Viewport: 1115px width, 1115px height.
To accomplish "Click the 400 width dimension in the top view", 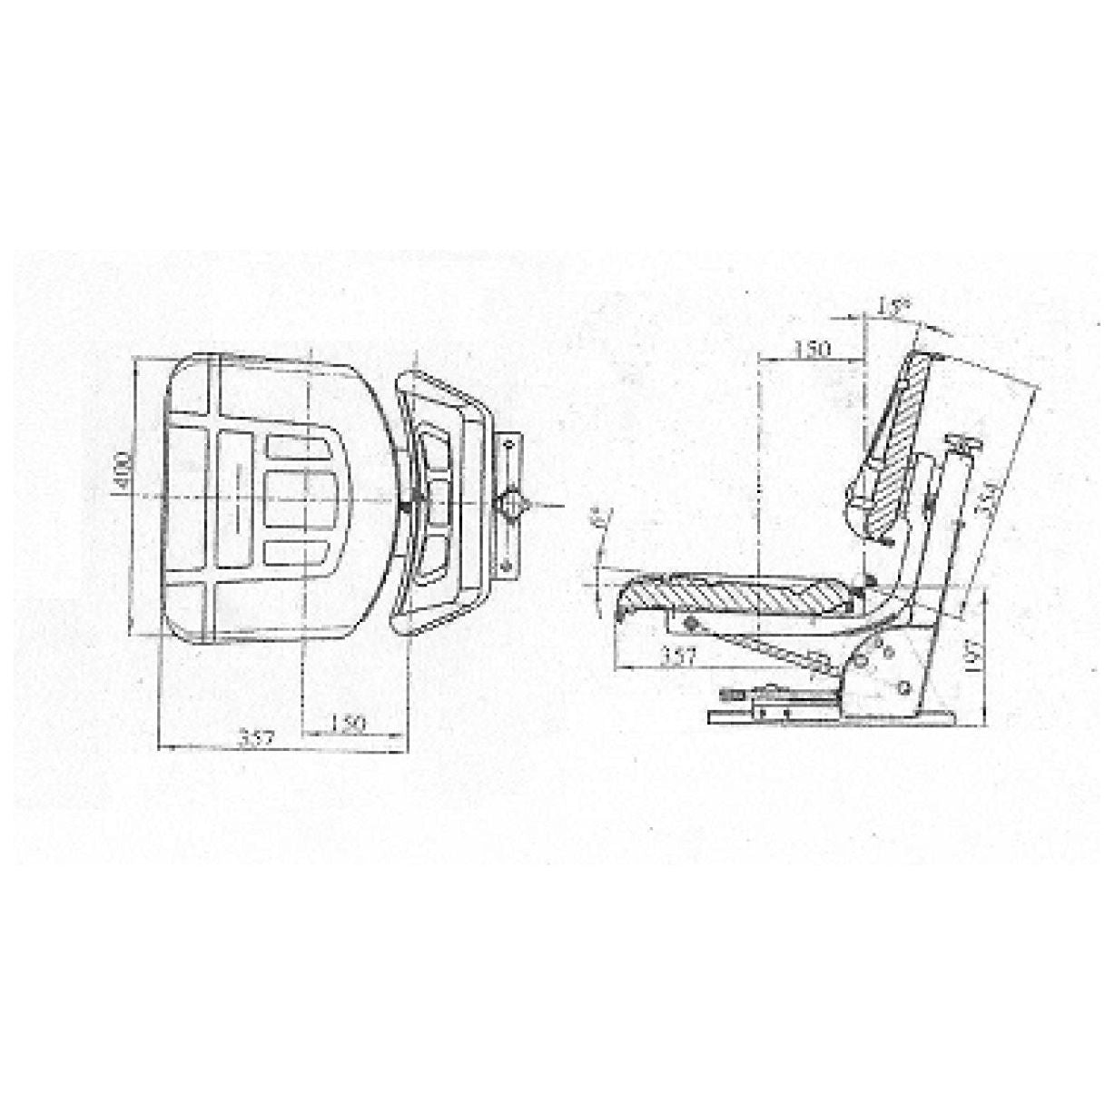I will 124,471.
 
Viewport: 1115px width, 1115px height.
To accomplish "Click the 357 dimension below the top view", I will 257,737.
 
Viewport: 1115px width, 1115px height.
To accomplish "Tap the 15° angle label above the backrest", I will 893,308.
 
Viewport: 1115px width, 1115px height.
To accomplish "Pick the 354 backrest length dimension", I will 991,498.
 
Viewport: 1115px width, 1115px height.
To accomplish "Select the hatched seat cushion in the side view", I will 735,596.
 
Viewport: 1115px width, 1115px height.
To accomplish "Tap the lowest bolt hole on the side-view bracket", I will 905,687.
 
